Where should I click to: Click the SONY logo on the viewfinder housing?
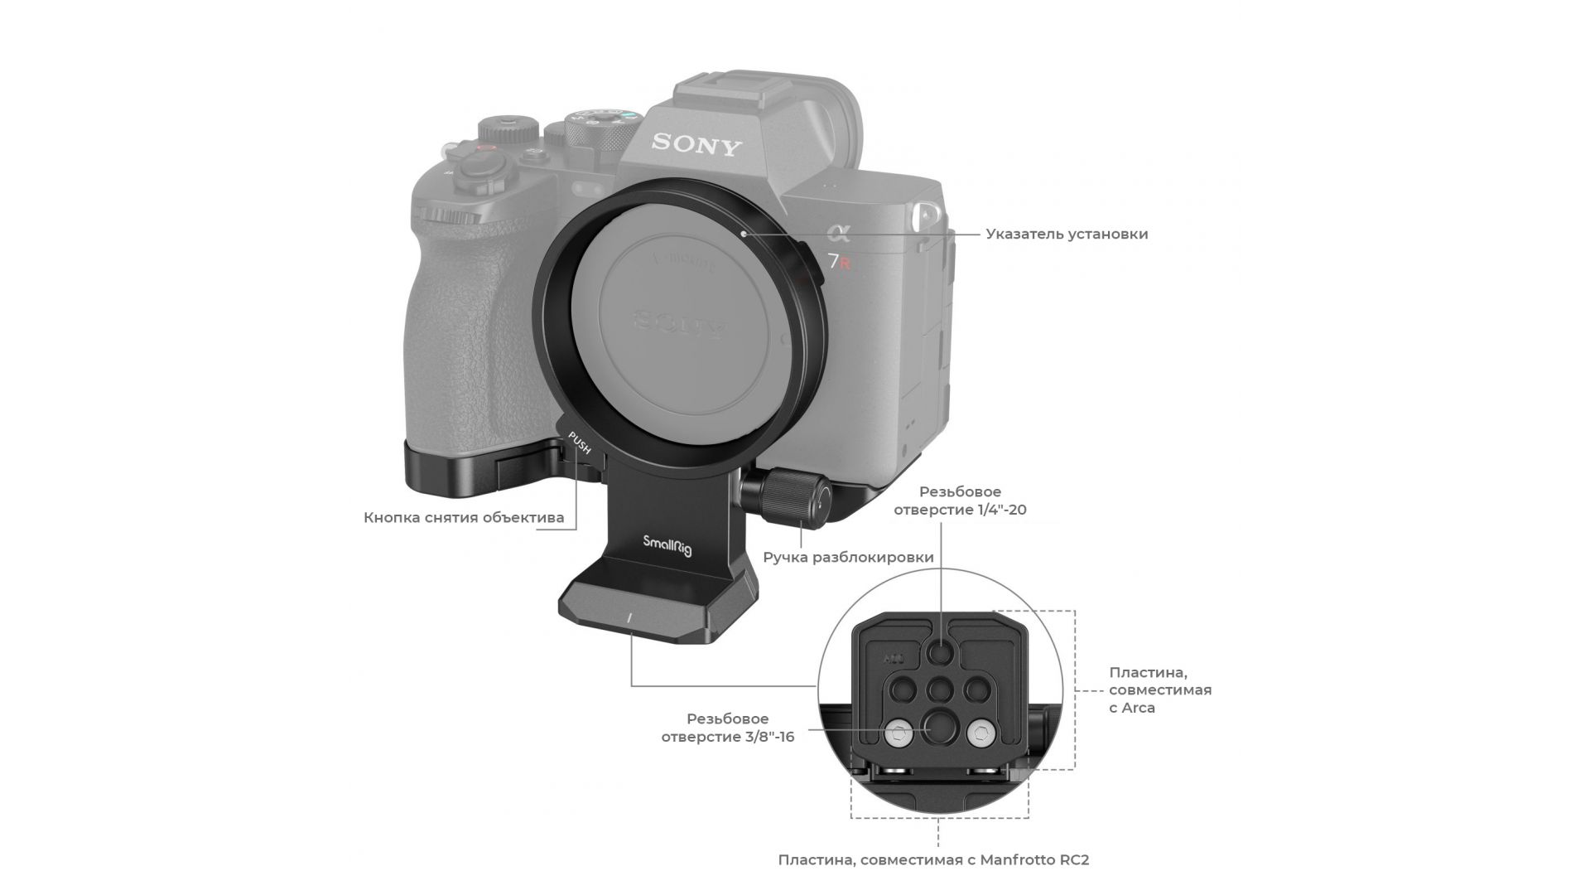point(696,144)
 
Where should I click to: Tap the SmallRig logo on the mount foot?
point(667,545)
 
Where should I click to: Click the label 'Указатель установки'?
point(1067,234)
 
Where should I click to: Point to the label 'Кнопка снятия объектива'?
point(464,518)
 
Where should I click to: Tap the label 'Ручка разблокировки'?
point(848,557)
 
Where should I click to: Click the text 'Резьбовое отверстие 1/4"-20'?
point(960,501)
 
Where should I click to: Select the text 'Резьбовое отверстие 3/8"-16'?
point(727,727)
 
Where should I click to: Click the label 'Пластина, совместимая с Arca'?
point(1160,690)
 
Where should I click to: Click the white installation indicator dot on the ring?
point(744,234)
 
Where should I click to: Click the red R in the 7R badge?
point(845,264)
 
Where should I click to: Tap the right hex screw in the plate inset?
point(980,733)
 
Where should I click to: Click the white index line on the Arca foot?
point(629,618)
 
